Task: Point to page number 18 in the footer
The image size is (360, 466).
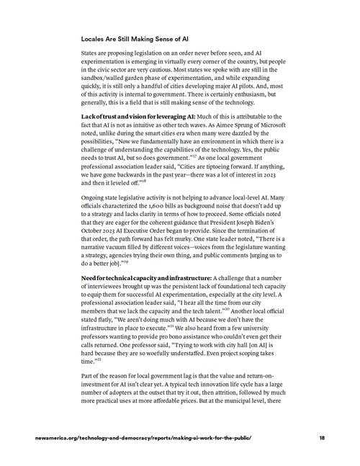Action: (x=321, y=437)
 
